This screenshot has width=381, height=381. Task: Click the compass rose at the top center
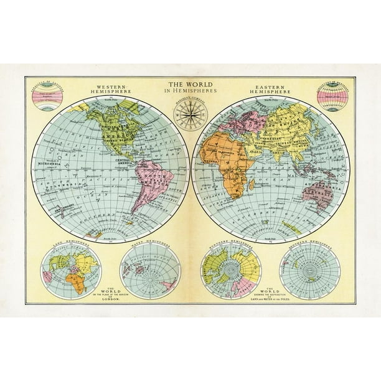[190, 114]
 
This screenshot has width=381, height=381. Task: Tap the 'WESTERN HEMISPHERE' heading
[109, 88]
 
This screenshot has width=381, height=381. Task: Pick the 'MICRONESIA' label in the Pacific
[45, 166]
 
